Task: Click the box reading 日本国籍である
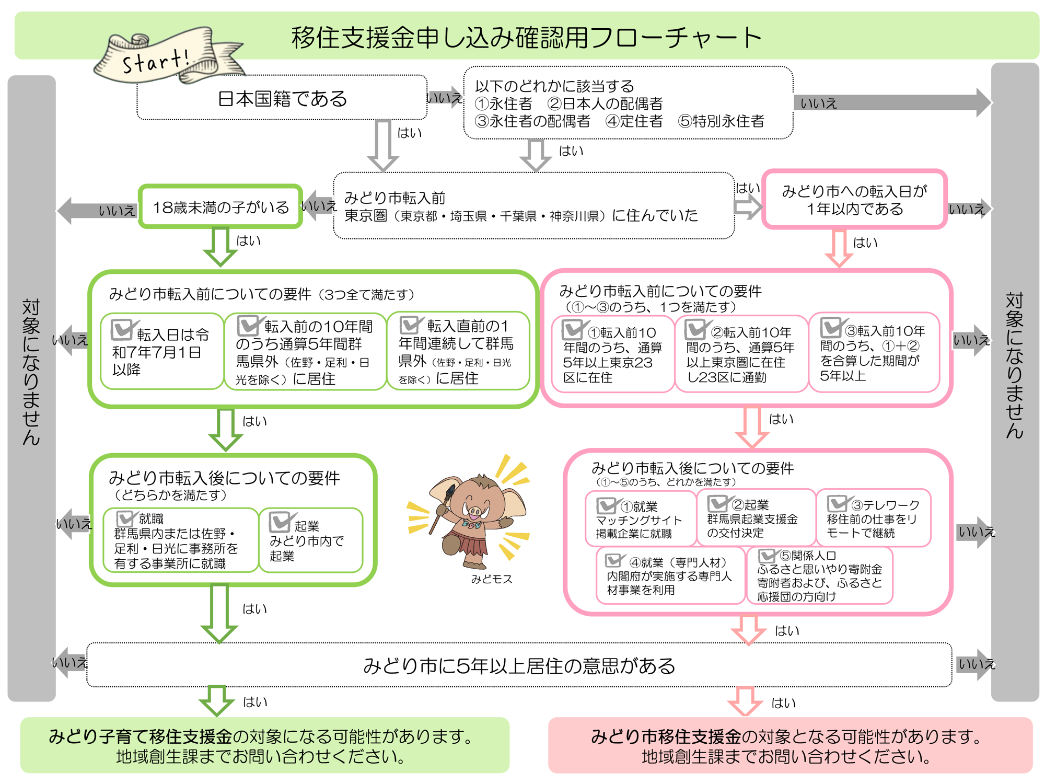pos(282,98)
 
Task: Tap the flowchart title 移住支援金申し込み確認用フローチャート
pos(526,38)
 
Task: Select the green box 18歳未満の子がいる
pos(220,207)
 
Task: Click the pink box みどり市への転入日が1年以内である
pos(854,200)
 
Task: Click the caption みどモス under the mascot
pos(492,579)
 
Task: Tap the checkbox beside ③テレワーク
pos(837,503)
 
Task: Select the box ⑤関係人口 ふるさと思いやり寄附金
pos(819,575)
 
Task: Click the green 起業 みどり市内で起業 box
pos(310,540)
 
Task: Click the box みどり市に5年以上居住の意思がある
pos(519,665)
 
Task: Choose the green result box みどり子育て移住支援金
pos(264,745)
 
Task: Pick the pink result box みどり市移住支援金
pos(789,745)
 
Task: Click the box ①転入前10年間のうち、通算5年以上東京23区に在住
pos(612,354)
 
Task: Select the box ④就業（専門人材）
pos(670,575)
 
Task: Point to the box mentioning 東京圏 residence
pos(533,206)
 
